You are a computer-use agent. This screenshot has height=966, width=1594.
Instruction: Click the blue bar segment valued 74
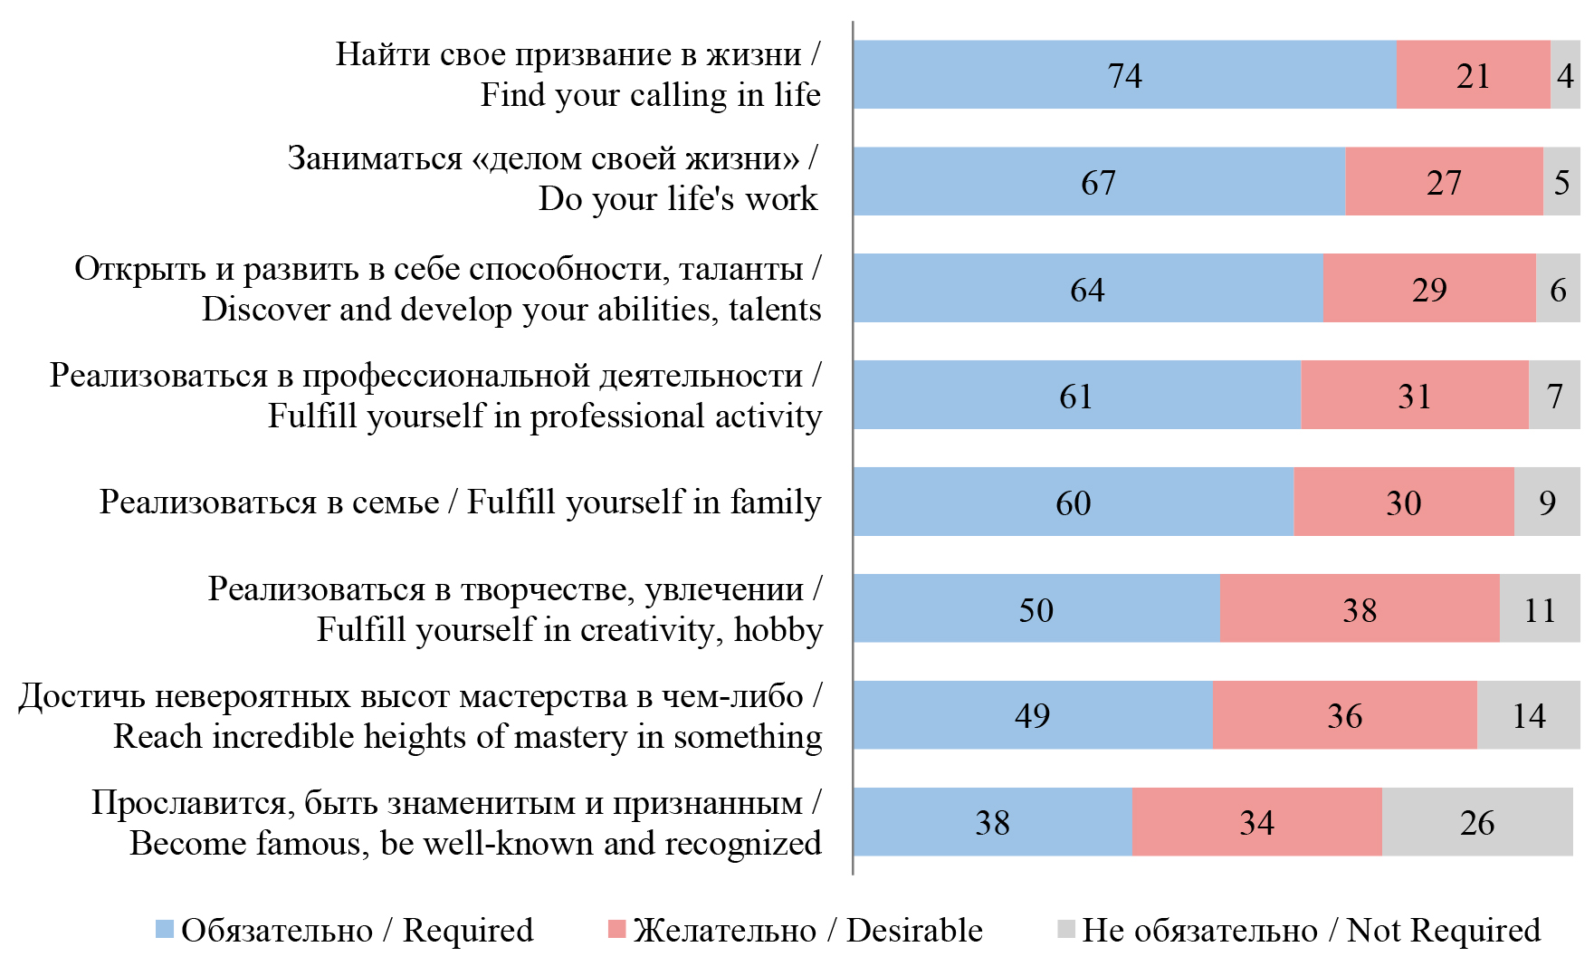(1124, 75)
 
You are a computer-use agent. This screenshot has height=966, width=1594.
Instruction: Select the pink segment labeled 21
(1473, 75)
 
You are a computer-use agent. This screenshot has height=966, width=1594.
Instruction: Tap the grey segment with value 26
(1477, 822)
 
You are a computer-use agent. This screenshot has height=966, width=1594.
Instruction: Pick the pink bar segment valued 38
(1359, 608)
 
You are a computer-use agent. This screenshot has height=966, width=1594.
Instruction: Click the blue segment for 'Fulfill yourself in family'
(1073, 502)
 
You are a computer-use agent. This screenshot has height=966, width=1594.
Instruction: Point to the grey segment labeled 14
(1528, 715)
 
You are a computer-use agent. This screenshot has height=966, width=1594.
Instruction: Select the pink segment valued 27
(1444, 182)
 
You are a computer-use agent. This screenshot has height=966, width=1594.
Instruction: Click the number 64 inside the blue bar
(1087, 290)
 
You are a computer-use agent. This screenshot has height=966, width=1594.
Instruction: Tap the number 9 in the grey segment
(1547, 502)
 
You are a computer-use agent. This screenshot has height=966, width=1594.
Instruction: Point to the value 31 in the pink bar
(1414, 396)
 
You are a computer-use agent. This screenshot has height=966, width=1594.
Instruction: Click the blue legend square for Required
(164, 929)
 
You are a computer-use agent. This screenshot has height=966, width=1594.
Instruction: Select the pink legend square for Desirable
(616, 929)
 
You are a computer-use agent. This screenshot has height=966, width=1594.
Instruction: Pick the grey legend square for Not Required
(1065, 929)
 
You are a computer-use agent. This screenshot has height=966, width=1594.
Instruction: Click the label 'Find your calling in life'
(650, 94)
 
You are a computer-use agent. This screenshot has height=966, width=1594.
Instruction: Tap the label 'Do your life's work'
(678, 198)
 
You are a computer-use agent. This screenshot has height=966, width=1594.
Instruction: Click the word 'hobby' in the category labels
(778, 629)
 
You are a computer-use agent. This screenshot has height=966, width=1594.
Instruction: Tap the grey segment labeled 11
(1539, 608)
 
